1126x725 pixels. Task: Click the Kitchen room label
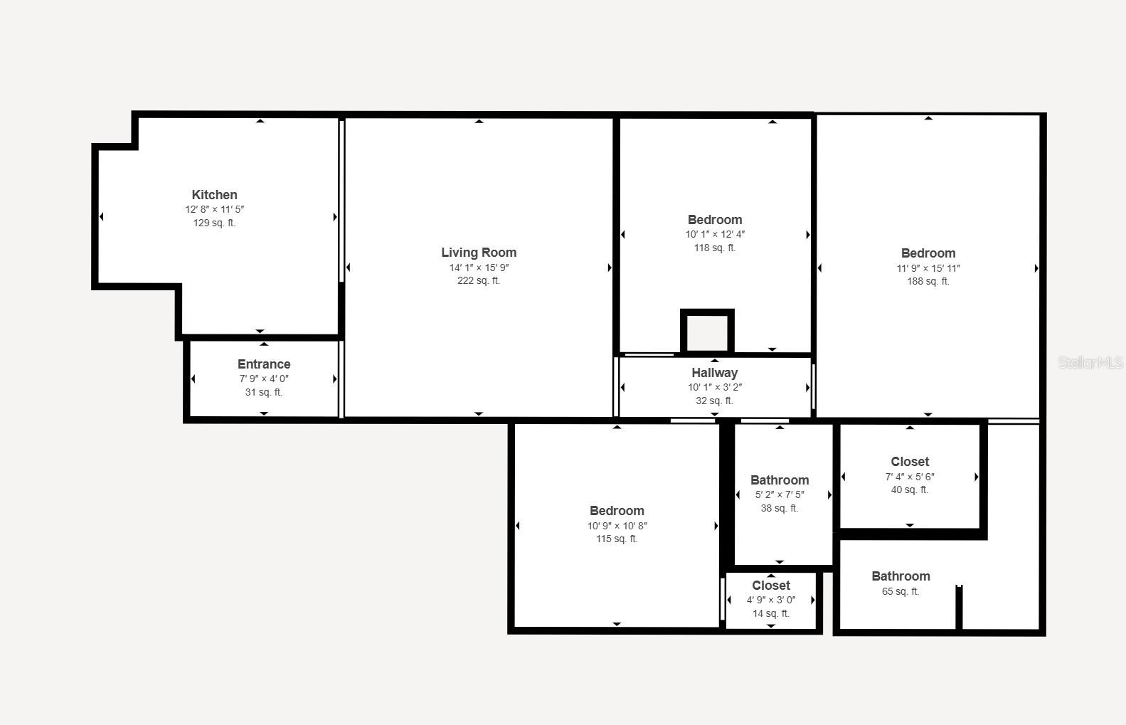[x=214, y=195]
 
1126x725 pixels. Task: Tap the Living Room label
[x=479, y=253]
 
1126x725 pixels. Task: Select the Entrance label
[x=264, y=364]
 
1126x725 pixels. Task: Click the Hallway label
[x=714, y=373]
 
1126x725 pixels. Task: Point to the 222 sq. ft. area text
[x=479, y=281]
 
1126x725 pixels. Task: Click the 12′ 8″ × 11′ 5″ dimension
[x=214, y=210]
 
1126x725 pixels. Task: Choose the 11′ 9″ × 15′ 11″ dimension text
[x=928, y=268]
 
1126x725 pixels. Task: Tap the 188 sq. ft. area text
[x=928, y=282]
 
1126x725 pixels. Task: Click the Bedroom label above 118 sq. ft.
[x=714, y=220]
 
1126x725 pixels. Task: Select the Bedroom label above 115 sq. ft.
[x=617, y=511]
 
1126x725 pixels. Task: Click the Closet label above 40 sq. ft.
[x=910, y=462]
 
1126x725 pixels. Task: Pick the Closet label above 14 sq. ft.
[x=771, y=586]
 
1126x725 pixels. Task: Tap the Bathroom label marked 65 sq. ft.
[x=901, y=576]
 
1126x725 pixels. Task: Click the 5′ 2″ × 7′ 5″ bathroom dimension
[x=780, y=495]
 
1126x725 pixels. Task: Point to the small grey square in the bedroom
[x=707, y=332]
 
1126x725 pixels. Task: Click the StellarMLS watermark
[x=1090, y=363]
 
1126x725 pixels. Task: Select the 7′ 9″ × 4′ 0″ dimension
[x=264, y=379]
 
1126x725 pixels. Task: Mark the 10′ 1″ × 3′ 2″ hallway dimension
[x=714, y=388]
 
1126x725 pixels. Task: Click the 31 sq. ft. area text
[x=264, y=393]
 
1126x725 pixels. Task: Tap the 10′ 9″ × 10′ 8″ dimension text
[x=617, y=526]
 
